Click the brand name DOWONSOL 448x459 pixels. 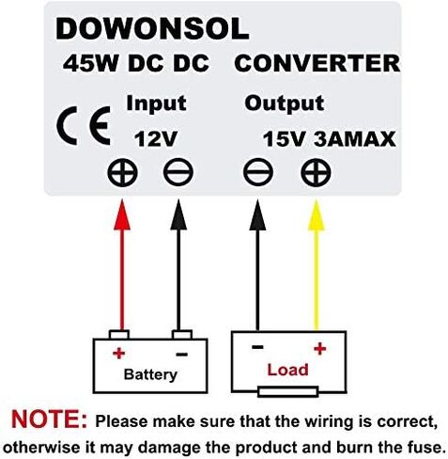tap(152, 28)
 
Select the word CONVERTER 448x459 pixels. tap(317, 63)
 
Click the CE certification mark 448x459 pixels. tap(84, 125)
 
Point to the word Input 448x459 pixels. tap(156, 103)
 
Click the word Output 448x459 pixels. tap(285, 103)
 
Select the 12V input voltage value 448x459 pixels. tap(156, 139)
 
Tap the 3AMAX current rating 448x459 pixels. tap(355, 139)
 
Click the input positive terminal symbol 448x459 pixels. tap(122, 172)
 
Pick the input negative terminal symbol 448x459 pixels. tap(178, 172)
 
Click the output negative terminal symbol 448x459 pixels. tap(258, 172)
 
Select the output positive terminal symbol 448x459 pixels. tap(316, 172)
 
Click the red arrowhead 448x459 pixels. tap(122, 215)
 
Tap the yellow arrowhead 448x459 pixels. tap(316, 215)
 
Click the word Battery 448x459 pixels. tap(150, 374)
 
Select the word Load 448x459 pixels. tap(287, 370)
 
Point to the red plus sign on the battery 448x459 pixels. tap(119, 354)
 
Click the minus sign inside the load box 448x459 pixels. tap(257, 347)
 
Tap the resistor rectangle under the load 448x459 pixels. tap(288, 392)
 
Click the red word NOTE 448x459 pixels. tap(50, 419)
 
